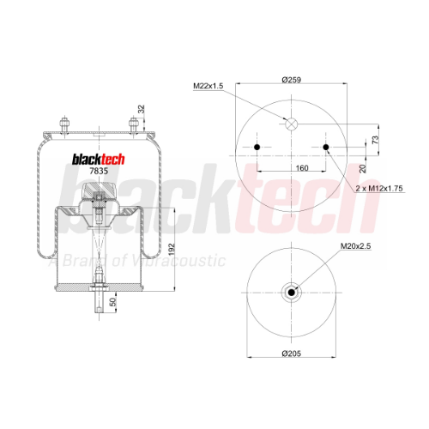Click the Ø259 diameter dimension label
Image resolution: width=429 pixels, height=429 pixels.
click(x=292, y=80)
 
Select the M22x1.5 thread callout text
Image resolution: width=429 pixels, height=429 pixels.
click(x=208, y=86)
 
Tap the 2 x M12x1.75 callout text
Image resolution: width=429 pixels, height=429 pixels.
click(x=379, y=188)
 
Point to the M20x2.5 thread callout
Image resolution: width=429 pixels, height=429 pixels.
click(x=355, y=246)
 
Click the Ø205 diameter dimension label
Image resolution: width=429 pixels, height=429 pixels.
click(x=292, y=353)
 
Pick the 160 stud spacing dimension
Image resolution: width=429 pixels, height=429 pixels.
click(x=302, y=168)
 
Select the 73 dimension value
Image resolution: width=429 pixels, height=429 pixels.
click(x=375, y=140)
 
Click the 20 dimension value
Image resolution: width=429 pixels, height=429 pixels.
click(x=363, y=168)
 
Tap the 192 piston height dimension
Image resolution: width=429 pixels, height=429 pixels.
click(x=171, y=250)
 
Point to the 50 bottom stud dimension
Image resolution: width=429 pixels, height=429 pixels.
click(x=113, y=302)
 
